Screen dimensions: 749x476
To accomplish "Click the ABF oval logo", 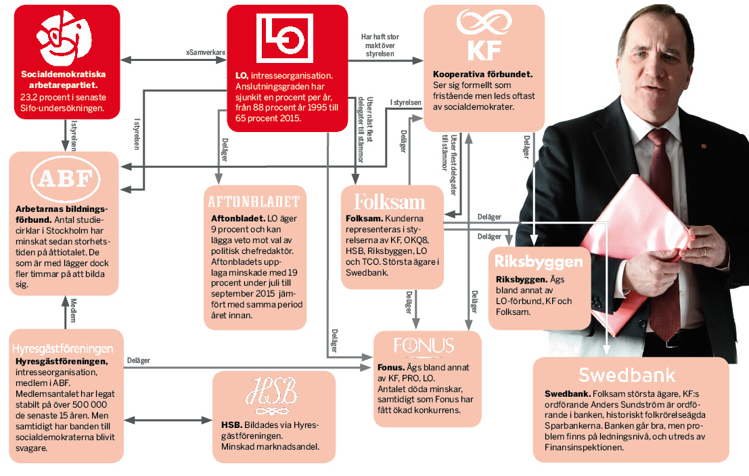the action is pos(66,179).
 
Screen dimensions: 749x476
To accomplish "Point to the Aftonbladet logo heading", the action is pos(254,202).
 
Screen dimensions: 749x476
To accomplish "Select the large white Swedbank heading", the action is pos(627,375).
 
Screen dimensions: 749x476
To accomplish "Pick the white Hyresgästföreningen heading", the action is pos(62,349).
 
